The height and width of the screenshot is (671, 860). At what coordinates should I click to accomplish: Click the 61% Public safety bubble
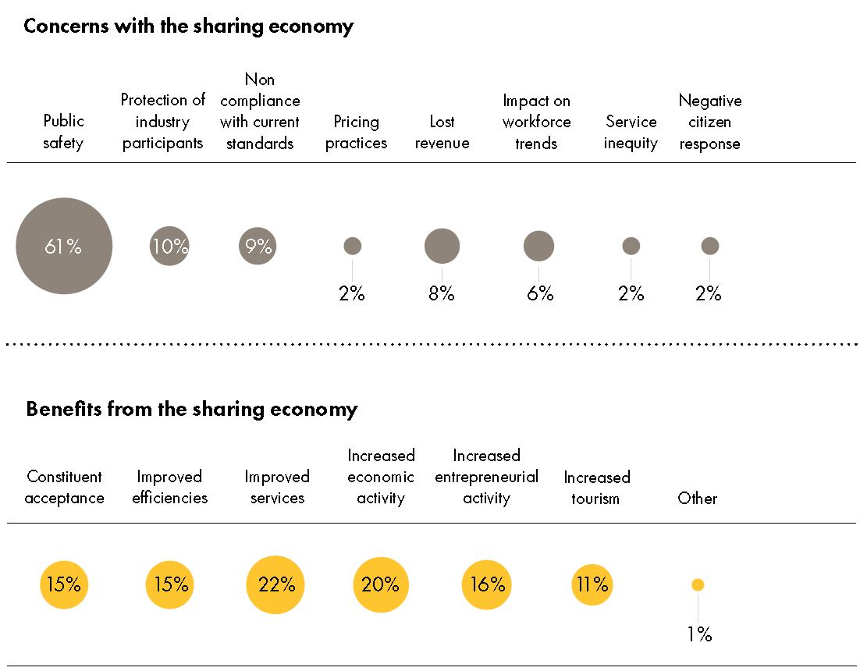coord(64,246)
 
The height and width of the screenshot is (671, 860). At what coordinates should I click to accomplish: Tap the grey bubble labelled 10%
coord(169,246)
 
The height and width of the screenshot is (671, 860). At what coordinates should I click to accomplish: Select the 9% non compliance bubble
coord(258,246)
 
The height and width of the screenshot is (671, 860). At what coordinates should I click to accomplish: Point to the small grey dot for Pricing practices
coord(353,246)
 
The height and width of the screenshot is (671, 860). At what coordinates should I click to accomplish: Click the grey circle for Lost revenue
coord(442,246)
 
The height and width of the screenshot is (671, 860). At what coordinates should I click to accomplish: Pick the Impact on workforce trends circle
coord(538,246)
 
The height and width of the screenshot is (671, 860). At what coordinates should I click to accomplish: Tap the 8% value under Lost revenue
coord(441,294)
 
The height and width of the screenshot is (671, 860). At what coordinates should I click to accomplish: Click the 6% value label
coord(539,294)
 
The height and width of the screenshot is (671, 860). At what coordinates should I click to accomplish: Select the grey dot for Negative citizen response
coord(709,246)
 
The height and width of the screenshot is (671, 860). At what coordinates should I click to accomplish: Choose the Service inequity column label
coord(631,133)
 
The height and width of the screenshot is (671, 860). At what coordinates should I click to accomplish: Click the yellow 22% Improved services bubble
coord(275,584)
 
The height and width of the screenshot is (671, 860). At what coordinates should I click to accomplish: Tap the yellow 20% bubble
coord(381,584)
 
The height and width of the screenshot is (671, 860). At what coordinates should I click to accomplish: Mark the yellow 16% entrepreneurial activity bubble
coord(487,584)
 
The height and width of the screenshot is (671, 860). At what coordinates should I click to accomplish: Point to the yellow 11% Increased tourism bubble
coord(592,584)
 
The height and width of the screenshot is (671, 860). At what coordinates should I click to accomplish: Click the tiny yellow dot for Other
coord(698,584)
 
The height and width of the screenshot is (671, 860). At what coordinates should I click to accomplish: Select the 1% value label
coord(699,634)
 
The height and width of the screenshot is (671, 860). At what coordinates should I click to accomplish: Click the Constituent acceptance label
coord(64,487)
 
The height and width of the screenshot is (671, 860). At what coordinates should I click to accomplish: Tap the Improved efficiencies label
coord(169,487)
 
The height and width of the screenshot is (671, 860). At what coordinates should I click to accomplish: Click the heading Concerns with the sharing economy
coord(188,26)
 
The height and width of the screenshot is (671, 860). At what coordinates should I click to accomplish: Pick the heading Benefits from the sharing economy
coord(191,409)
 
